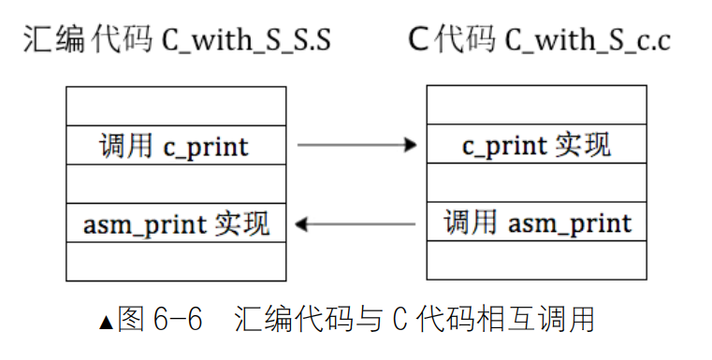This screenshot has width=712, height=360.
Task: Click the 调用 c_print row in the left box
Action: tap(175, 146)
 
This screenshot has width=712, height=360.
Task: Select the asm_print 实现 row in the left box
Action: tap(175, 224)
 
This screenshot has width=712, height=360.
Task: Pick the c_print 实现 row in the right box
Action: tap(536, 146)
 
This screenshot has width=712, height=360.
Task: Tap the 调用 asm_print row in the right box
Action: tap(536, 223)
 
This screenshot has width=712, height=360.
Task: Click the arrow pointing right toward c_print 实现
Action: tap(356, 145)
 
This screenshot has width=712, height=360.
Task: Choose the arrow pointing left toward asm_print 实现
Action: tap(356, 223)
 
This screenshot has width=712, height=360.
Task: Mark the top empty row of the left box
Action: tap(175, 106)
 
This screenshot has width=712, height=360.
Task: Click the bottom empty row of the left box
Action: tap(175, 262)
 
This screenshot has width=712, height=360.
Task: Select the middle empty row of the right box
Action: tap(536, 185)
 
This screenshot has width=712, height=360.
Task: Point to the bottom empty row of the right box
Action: tap(536, 261)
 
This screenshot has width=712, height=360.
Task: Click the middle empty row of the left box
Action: tap(175, 185)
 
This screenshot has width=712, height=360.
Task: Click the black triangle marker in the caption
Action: tap(106, 323)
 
